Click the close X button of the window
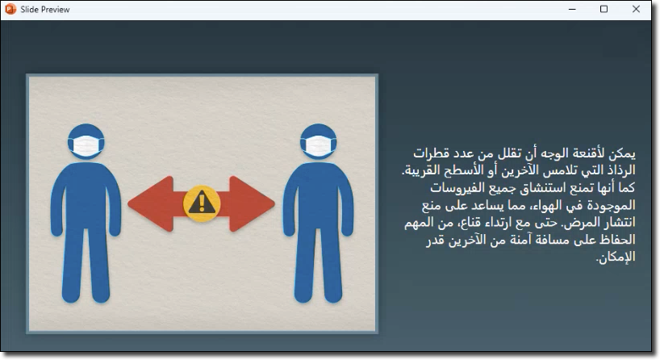pos(636,9)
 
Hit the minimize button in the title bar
pos(572,9)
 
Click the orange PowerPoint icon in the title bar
pos(10,9)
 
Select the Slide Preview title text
pos(45,9)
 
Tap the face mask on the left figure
pos(86,145)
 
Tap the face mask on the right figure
pos(318,145)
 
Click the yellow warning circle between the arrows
pos(202,203)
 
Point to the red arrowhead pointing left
pos(151,203)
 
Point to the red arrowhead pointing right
pos(252,203)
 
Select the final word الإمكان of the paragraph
pos(616,257)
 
